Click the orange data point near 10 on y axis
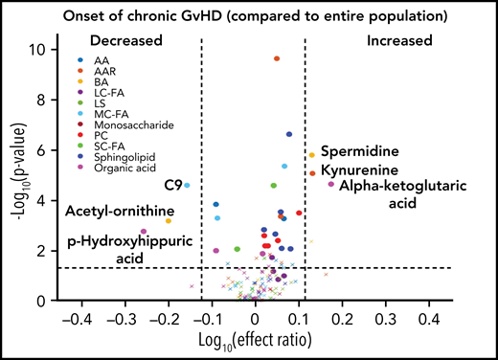click(x=277, y=58)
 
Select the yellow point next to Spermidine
click(x=311, y=155)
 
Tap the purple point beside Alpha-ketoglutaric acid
click(x=331, y=184)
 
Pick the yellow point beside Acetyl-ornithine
click(x=169, y=221)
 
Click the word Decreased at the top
click(x=125, y=41)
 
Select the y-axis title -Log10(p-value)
click(x=19, y=166)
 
